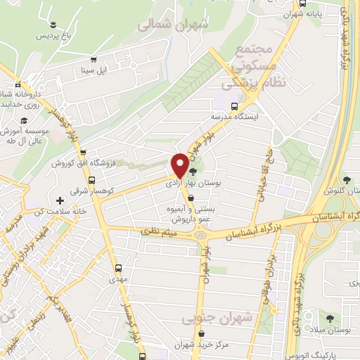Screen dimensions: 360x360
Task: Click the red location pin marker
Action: [x=180, y=165]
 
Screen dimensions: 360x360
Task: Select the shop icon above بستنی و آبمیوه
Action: [x=191, y=198]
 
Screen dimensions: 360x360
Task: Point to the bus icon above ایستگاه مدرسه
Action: [x=224, y=106]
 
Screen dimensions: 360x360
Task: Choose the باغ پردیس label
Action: [x=54, y=34]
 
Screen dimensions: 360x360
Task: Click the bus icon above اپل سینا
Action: [x=94, y=60]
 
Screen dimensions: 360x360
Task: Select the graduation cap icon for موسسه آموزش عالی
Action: [x=24, y=120]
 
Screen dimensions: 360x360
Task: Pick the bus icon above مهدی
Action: [x=118, y=267]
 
